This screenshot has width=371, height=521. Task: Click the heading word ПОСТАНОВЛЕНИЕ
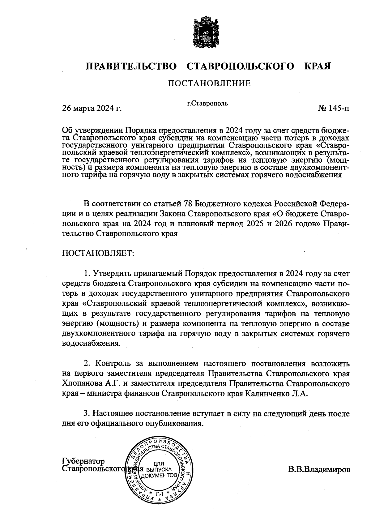click(209, 83)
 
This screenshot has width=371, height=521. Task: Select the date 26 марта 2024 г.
click(92, 109)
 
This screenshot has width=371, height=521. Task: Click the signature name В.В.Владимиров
click(319, 470)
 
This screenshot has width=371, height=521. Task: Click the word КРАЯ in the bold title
click(318, 66)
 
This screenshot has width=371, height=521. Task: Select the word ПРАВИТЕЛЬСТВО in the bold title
click(131, 66)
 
